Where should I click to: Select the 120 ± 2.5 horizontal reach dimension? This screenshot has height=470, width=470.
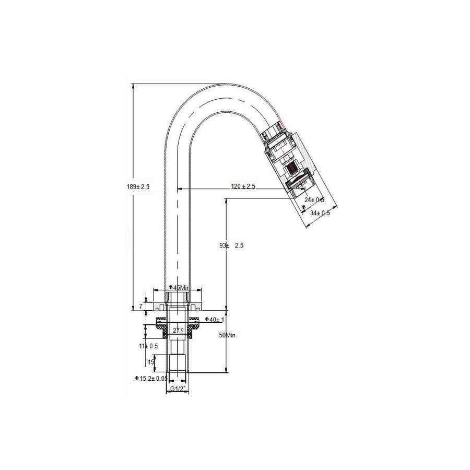pos(243,186)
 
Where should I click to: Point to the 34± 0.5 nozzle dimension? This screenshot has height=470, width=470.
pos(320,213)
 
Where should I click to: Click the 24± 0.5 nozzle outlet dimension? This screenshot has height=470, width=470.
pos(314,200)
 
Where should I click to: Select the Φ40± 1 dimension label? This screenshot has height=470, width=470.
pos(214,319)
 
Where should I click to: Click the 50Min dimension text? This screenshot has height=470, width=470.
pos(228,336)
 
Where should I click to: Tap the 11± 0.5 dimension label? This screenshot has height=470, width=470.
pos(149,346)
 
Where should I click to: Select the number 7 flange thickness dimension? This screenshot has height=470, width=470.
pos(140,307)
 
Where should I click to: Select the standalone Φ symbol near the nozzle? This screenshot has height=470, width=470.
pos(304,207)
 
